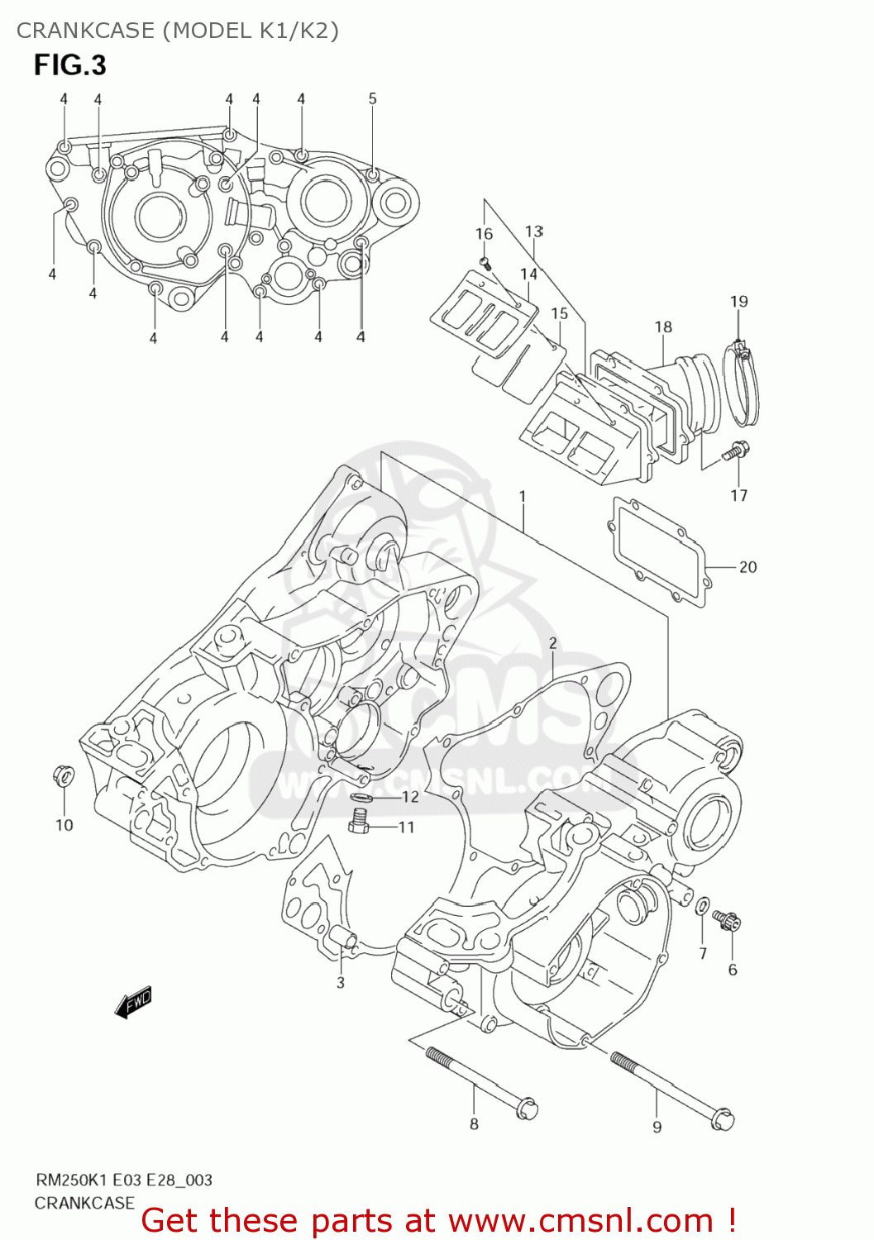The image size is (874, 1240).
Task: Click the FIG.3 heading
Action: [x=70, y=65]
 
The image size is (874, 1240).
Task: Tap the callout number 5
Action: [x=372, y=99]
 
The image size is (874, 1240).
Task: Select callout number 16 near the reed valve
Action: [x=484, y=234]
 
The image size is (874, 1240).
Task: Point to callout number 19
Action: [x=738, y=302]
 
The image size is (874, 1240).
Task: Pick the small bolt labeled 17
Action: [x=736, y=451]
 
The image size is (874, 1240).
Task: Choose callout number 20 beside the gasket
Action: [x=747, y=567]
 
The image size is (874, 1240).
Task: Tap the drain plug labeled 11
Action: [x=359, y=821]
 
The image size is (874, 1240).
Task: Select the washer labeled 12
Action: [x=362, y=797]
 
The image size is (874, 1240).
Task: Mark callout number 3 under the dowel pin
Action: [x=341, y=983]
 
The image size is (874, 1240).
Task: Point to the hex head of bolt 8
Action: [x=527, y=1109]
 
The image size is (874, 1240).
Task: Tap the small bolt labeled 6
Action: [x=729, y=921]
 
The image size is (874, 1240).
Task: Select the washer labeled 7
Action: [x=702, y=906]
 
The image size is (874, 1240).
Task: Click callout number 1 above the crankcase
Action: [x=523, y=496]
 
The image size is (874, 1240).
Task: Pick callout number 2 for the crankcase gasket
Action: [x=552, y=643]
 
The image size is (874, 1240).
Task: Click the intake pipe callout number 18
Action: [x=663, y=327]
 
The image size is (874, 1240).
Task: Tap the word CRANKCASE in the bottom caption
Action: [x=84, y=1203]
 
